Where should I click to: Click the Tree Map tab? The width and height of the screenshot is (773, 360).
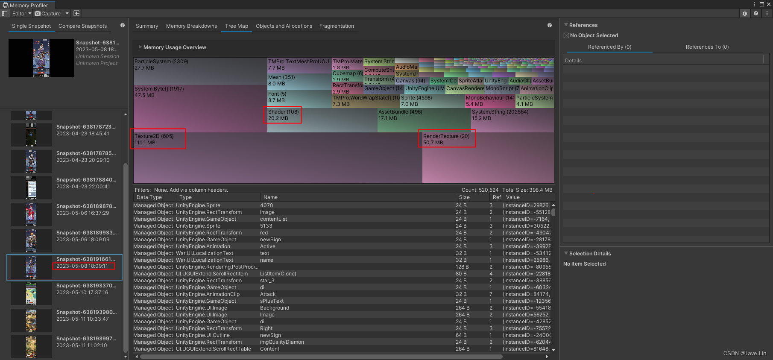tap(236, 26)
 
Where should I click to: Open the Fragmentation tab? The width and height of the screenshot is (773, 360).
tap(337, 26)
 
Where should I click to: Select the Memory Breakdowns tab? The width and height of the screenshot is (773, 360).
tap(191, 26)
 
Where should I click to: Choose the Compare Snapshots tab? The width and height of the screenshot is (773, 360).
tap(82, 26)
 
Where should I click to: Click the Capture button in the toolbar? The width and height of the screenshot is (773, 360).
tap(48, 14)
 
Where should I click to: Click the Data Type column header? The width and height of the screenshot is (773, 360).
tap(149, 197)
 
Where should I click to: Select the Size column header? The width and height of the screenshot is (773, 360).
tap(464, 197)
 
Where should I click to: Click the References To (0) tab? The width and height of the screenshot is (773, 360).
tap(707, 47)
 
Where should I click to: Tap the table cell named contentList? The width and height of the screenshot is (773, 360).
tap(273, 219)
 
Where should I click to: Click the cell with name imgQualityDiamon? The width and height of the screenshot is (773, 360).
tap(282, 342)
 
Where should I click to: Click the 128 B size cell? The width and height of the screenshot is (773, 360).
tap(462, 267)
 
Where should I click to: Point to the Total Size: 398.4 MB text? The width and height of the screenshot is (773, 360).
tap(527, 190)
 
